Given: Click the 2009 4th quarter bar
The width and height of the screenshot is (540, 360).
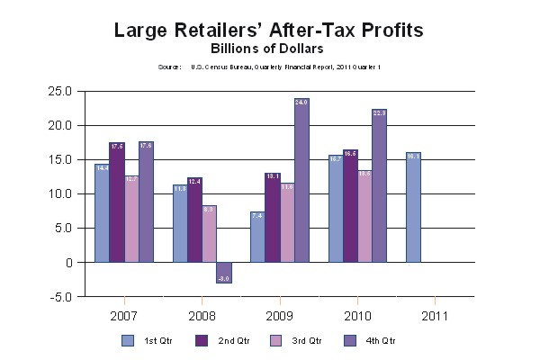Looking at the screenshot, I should point(301,180).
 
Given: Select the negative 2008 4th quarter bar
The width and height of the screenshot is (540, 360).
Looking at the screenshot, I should point(223,273).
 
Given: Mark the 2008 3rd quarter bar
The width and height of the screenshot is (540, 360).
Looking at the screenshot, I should point(209,234).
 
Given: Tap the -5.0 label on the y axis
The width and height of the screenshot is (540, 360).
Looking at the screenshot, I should point(61,297).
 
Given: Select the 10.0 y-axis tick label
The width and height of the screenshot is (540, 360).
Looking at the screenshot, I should point(61,193).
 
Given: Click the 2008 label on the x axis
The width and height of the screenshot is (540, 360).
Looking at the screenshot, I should point(202,317).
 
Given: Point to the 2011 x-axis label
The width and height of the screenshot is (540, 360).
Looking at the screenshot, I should point(435,317).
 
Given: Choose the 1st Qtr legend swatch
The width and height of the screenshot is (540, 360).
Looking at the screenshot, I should point(129,341).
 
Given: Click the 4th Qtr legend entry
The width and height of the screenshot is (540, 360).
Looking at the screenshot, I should point(368,341).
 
